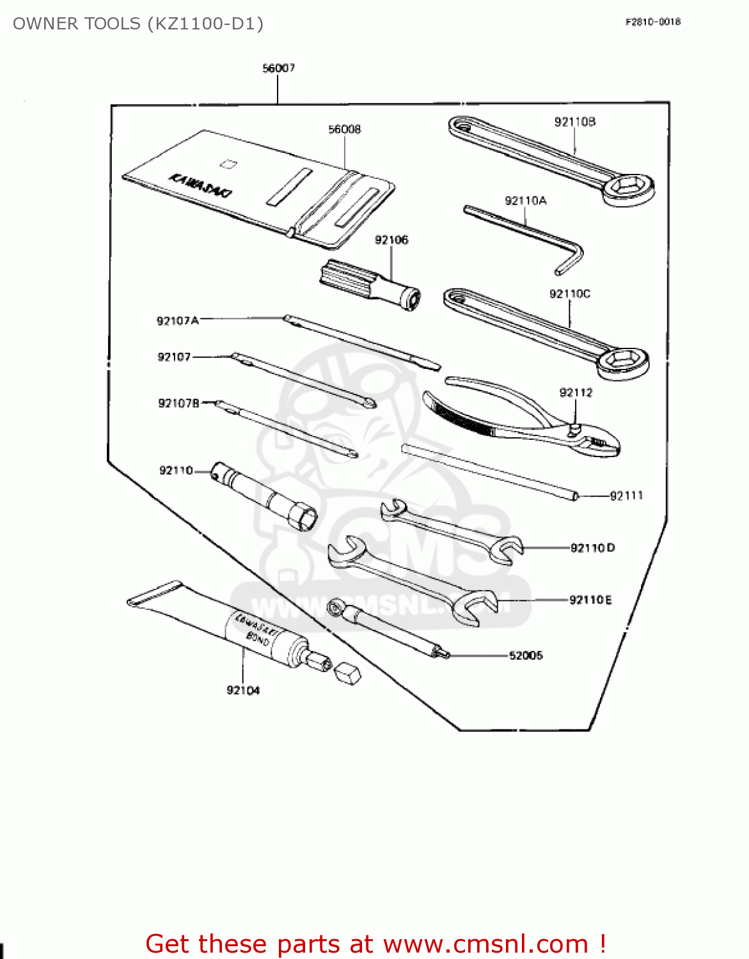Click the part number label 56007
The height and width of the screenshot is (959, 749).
[278, 68]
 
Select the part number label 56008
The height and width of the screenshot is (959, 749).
[344, 129]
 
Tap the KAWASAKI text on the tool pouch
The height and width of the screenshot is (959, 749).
[200, 185]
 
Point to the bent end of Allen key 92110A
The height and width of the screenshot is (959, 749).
[571, 258]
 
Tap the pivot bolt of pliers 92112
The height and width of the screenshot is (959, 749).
[575, 429]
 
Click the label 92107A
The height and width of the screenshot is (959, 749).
[177, 320]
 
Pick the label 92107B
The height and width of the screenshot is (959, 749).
[178, 403]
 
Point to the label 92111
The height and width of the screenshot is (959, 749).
[626, 495]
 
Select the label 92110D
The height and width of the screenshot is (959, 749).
[592, 548]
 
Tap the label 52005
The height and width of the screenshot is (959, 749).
[526, 655]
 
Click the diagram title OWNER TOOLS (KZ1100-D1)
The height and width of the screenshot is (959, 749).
[138, 24]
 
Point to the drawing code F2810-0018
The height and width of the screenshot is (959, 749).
[652, 22]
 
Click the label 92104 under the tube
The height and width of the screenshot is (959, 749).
[243, 690]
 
